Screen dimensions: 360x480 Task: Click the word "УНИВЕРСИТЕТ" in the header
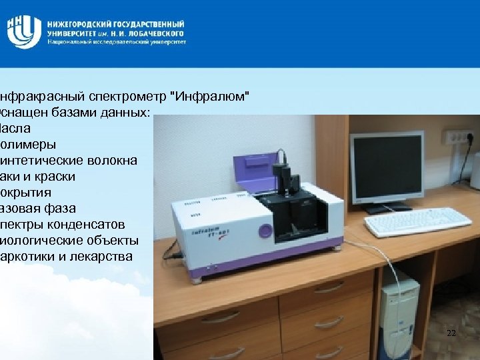click(x=73, y=32)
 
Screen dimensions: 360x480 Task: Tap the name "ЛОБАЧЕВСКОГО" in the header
click(x=157, y=32)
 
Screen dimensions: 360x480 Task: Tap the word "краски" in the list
click(x=55, y=176)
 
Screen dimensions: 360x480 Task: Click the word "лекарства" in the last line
click(x=107, y=256)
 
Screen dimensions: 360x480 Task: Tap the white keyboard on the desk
click(x=416, y=222)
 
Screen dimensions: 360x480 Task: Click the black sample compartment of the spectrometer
click(x=294, y=213)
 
